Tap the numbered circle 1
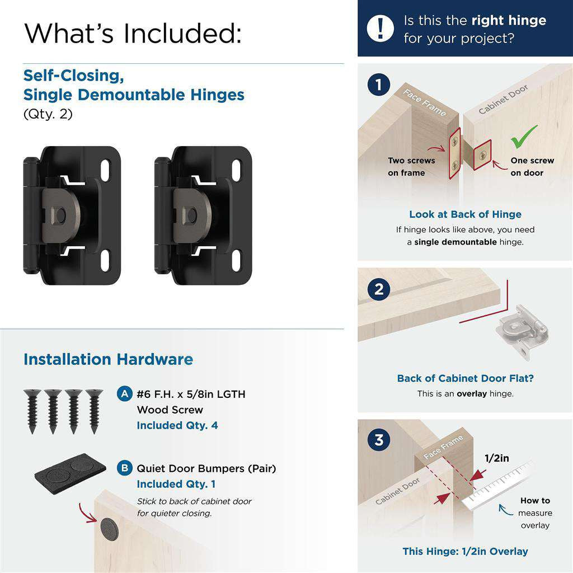[379, 86]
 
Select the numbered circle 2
[379, 290]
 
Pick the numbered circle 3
[379, 440]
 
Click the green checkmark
[524, 136]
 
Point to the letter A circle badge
[125, 394]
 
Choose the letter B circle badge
[125, 468]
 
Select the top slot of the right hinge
[236, 169]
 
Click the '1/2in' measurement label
[496, 458]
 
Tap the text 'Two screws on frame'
[411, 167]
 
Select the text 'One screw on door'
[532, 167]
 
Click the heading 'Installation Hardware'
[108, 359]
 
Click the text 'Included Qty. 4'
[177, 425]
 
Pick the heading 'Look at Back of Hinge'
[465, 214]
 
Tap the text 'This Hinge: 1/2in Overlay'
[465, 551]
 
